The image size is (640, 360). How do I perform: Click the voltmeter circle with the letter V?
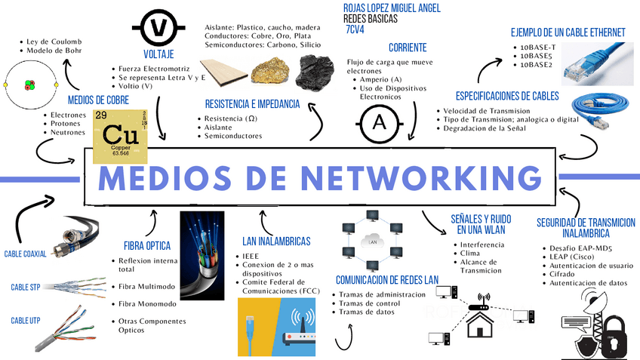coord(159,28)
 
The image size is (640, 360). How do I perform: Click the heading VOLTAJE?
coord(158,54)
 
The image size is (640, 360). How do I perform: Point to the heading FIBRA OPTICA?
coord(147,245)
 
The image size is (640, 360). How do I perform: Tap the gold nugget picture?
coord(272,69)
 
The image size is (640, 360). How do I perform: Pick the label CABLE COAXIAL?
coord(25,254)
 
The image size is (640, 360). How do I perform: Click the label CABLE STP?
coord(25,288)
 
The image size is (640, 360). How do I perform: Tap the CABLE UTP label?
coord(25,321)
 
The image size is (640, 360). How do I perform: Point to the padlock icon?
coord(612,338)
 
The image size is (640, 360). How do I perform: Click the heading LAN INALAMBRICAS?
coord(276,242)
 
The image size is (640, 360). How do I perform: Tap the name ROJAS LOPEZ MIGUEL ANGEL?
coord(392,8)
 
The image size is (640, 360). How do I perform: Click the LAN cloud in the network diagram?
coord(370,242)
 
